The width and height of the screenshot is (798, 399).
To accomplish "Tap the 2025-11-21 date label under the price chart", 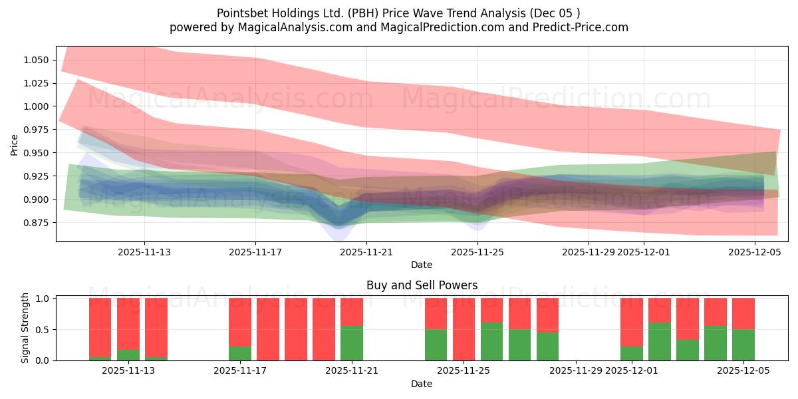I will pos(367,253).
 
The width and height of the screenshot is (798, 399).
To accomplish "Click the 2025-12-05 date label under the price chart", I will pos(755,253).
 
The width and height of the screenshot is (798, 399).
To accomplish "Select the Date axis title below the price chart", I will pos(422,265).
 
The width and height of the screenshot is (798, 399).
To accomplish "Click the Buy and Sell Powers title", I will pos(422,285).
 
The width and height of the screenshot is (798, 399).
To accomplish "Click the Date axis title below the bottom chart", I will pos(422,384).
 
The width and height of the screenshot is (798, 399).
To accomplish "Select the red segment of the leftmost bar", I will pos(100,326).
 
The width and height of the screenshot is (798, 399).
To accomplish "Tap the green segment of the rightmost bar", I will pos(743,344).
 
